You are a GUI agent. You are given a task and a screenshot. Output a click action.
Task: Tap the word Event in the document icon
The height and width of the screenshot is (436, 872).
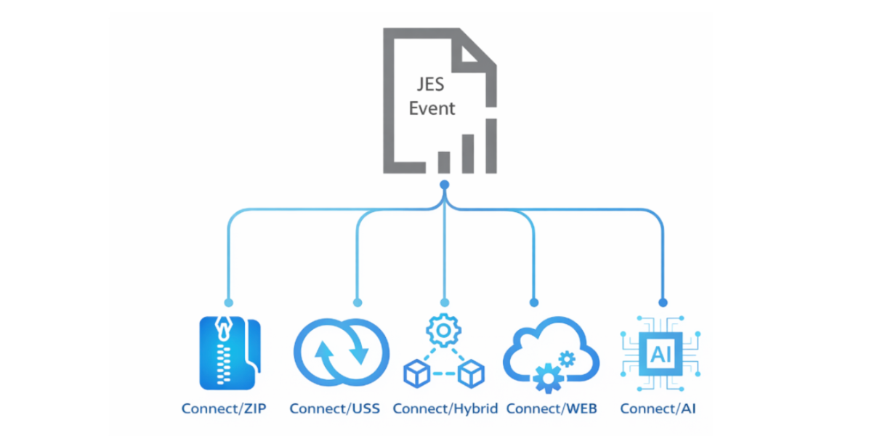(432, 108)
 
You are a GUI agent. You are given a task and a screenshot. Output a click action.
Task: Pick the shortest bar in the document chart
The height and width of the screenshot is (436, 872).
(443, 161)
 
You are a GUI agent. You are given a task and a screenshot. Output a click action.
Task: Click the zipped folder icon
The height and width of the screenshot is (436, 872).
(229, 352)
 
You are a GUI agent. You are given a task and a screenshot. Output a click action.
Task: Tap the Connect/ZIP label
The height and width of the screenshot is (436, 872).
(224, 408)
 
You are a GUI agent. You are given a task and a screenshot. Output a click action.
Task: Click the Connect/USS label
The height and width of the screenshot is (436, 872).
(334, 408)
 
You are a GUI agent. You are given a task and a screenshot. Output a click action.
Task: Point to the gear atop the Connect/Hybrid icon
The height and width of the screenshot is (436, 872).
(443, 331)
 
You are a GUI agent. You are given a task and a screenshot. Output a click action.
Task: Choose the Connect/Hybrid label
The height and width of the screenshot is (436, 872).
(445, 408)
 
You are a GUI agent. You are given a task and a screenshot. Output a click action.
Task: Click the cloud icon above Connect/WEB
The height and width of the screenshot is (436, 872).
(551, 350)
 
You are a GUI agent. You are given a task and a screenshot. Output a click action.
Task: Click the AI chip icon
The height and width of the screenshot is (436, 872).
(661, 354)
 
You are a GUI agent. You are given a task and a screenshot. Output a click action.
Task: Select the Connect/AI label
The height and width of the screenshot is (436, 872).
(658, 408)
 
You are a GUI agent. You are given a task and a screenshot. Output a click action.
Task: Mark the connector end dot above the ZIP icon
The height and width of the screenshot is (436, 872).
(228, 302)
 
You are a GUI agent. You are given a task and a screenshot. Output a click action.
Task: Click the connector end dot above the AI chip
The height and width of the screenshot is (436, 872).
(662, 302)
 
